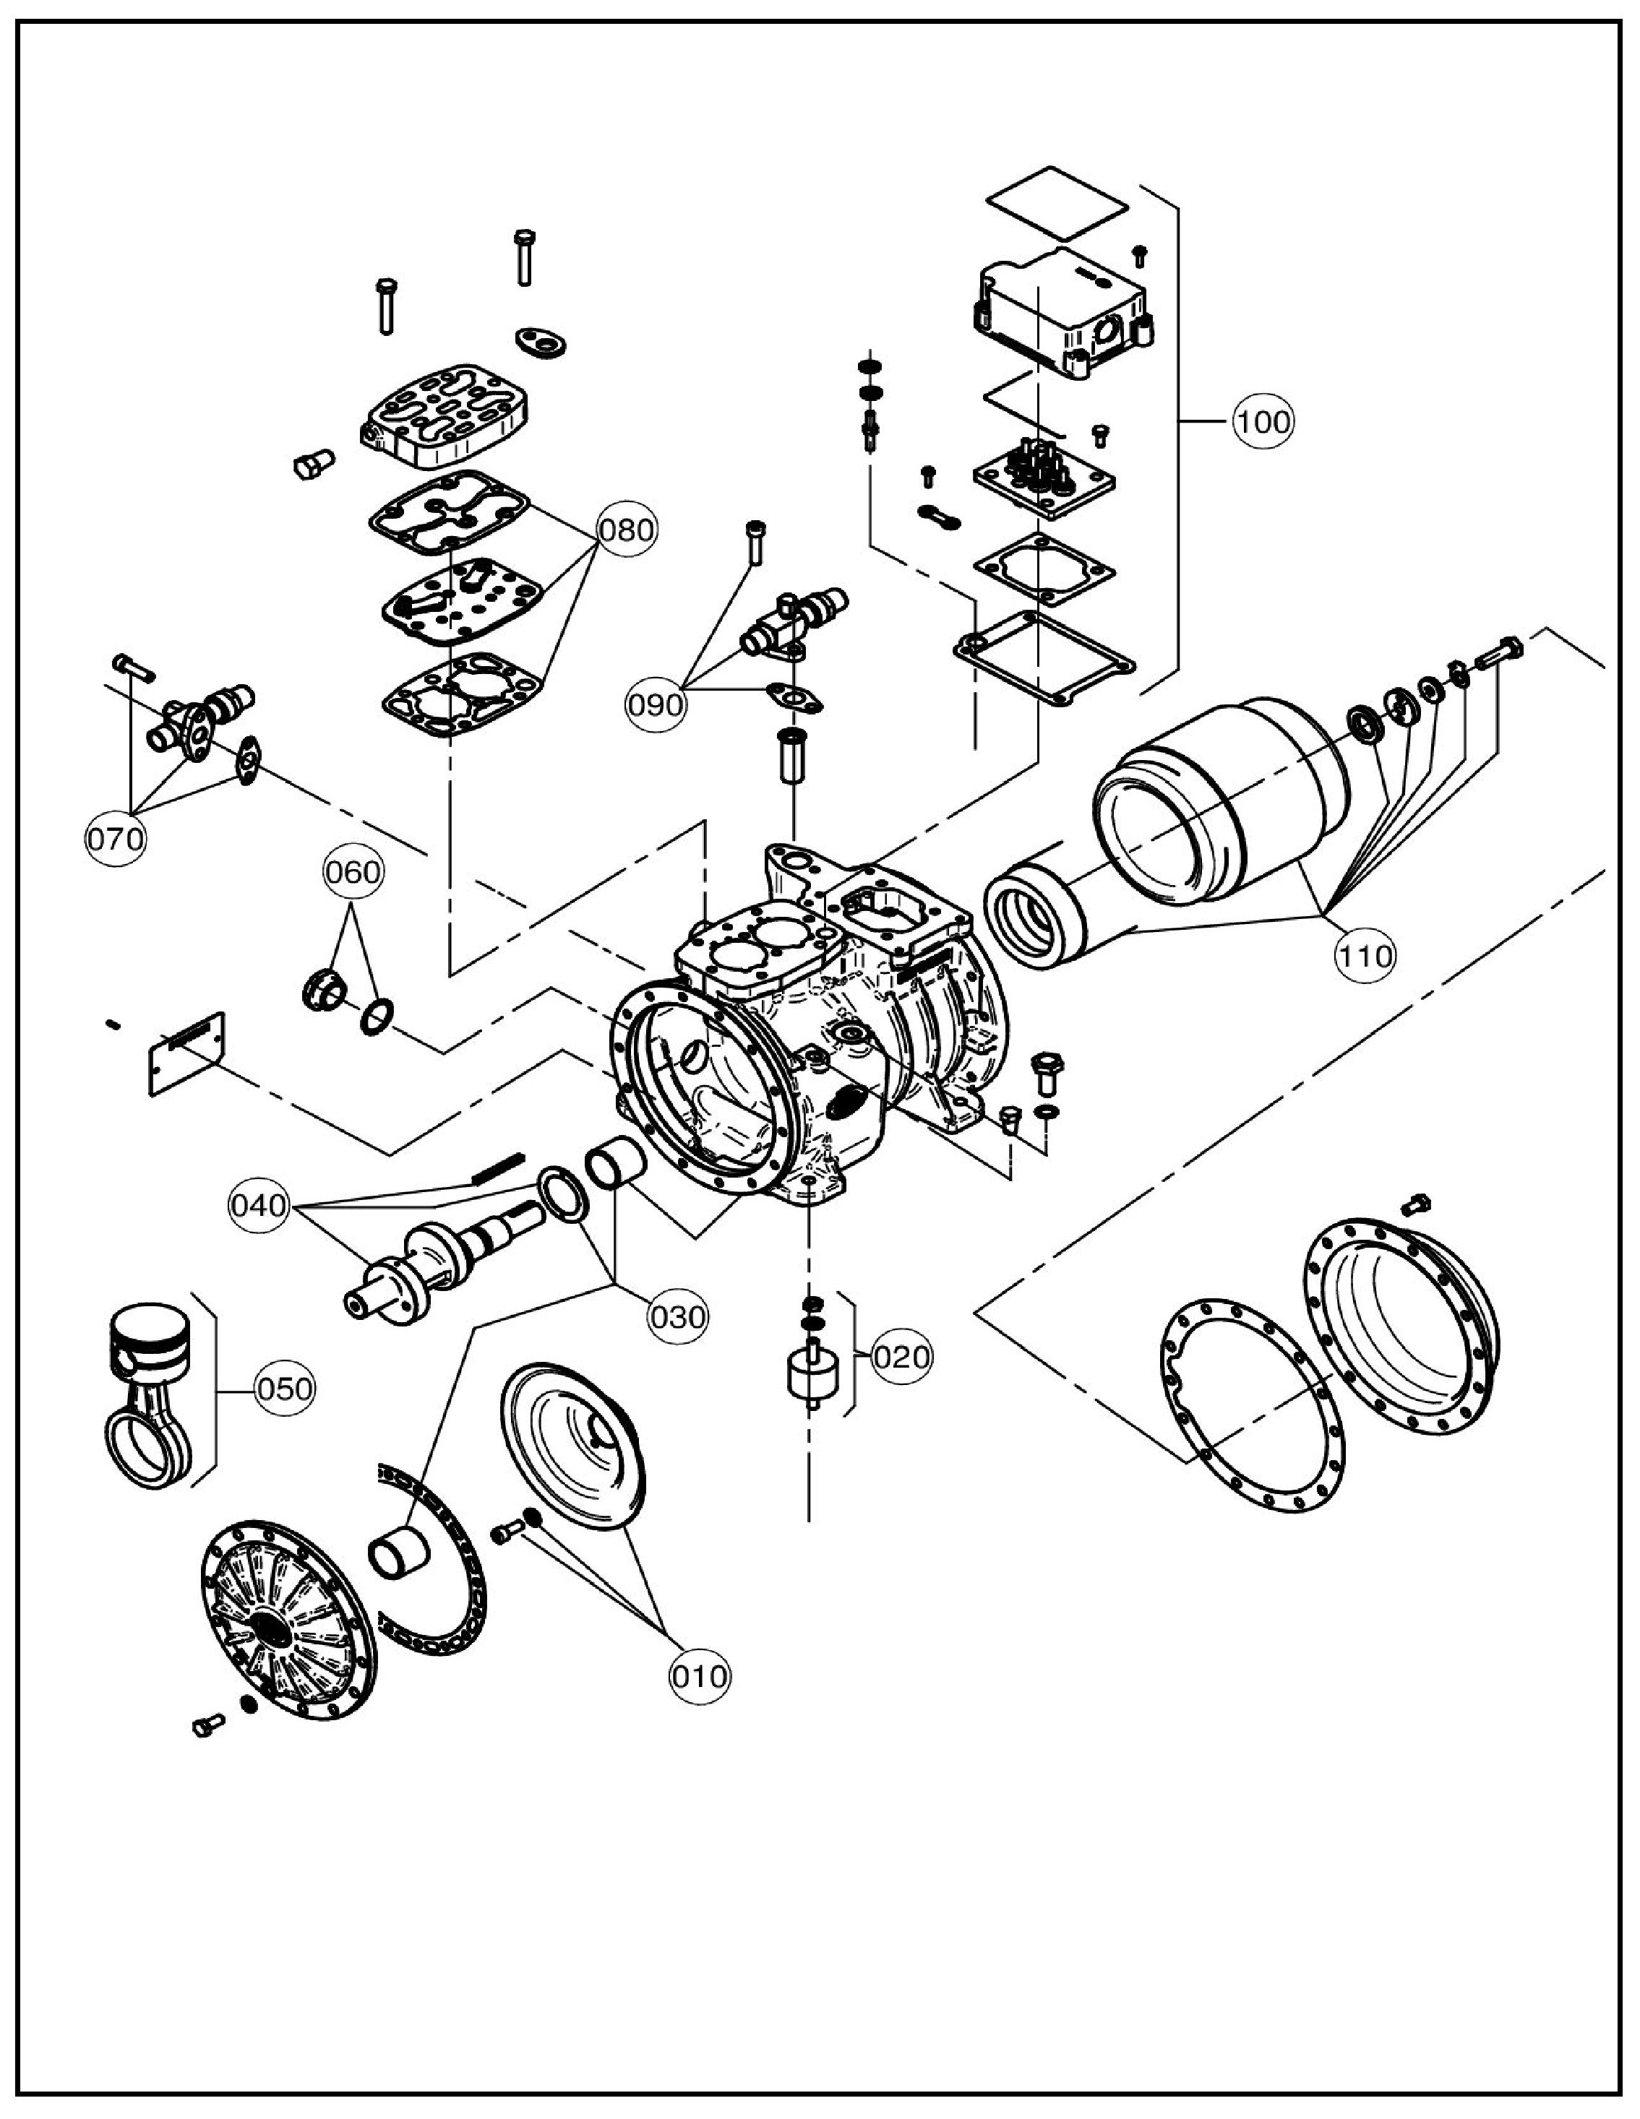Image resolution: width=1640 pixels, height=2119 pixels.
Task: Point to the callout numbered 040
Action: (259, 1206)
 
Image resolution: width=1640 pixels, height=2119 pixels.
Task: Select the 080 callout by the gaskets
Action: (627, 531)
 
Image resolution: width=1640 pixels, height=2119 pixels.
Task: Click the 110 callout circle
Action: (1365, 957)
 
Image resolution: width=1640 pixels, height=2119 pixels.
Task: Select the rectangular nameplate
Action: (187, 1053)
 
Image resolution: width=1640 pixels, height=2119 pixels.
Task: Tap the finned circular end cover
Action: (289, 1619)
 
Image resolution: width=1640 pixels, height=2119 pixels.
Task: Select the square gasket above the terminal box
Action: (1057, 204)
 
